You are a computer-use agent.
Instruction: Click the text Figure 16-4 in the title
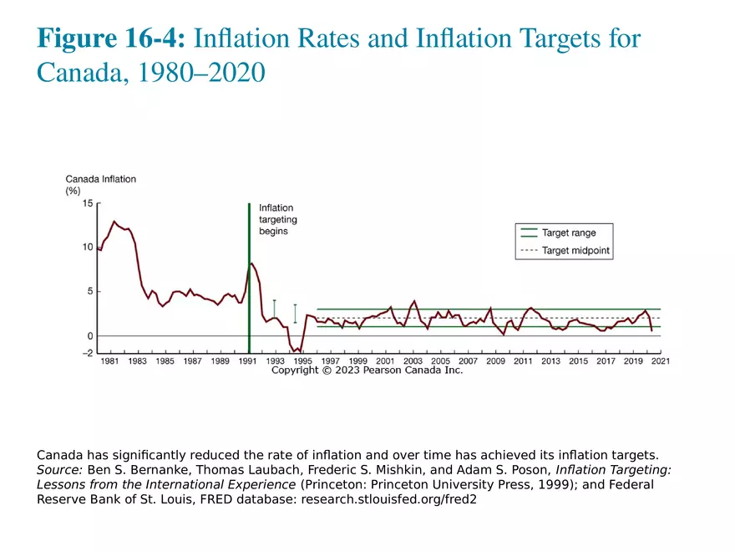click(x=112, y=38)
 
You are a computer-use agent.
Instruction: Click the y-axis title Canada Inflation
click(x=100, y=179)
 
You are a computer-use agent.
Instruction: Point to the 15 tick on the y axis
click(x=88, y=203)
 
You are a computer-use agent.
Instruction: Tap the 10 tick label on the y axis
click(x=88, y=248)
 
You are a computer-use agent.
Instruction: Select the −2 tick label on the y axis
click(x=86, y=353)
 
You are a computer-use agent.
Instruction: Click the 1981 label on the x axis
click(x=109, y=361)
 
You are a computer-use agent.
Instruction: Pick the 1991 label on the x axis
click(x=247, y=361)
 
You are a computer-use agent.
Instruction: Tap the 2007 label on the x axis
click(x=468, y=361)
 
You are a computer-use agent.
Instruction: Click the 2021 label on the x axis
click(x=660, y=361)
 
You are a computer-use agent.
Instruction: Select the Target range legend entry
click(x=568, y=233)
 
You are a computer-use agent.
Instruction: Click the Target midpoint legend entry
click(x=575, y=250)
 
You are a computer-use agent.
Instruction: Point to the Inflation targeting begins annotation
click(x=277, y=219)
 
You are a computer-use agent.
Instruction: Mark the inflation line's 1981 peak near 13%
click(x=114, y=222)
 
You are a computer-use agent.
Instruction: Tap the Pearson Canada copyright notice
click(x=367, y=370)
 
